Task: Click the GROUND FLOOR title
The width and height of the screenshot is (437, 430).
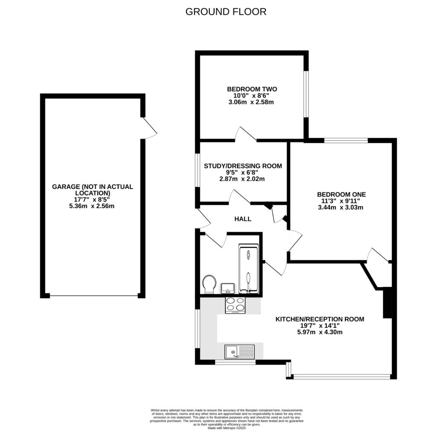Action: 226,12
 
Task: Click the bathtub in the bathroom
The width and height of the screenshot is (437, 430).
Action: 248,269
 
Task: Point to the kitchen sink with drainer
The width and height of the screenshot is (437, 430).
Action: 239,352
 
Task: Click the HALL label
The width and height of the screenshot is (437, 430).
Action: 243,219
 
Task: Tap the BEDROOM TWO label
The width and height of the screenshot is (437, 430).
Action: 252,89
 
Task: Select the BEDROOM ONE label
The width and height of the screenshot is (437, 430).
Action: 341,194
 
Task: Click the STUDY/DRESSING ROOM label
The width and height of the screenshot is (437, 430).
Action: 243,166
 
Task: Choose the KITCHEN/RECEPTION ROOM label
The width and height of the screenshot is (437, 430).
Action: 320,319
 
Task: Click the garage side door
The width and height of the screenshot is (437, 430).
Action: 149,127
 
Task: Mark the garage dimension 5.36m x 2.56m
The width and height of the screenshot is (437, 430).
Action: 93,206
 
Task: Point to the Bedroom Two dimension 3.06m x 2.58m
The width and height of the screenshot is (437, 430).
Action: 252,102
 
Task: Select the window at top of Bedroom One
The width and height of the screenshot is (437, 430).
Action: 346,140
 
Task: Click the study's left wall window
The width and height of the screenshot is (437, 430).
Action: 198,170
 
